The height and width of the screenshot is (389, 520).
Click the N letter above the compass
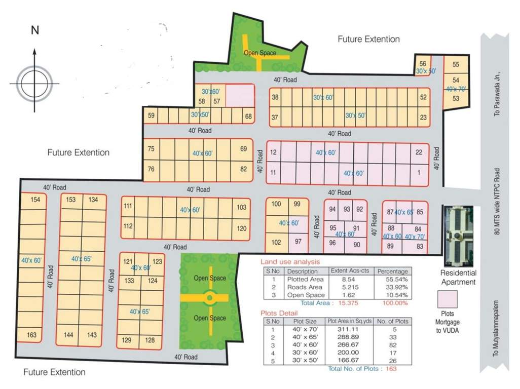[34, 30]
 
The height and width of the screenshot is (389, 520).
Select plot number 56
[423, 63]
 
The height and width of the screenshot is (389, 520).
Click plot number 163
[31, 335]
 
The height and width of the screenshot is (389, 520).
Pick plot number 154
[35, 200]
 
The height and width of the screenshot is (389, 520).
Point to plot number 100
[276, 204]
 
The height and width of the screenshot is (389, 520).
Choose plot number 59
[151, 116]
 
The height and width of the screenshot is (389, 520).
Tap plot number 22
[419, 152]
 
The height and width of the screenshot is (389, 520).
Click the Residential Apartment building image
[458, 236]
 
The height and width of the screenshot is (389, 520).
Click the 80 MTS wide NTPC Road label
[497, 201]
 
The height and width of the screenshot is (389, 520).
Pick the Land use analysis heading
[290, 262]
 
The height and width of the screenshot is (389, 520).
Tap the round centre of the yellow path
[209, 298]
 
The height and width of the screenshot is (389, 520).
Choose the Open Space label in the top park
[260, 53]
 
